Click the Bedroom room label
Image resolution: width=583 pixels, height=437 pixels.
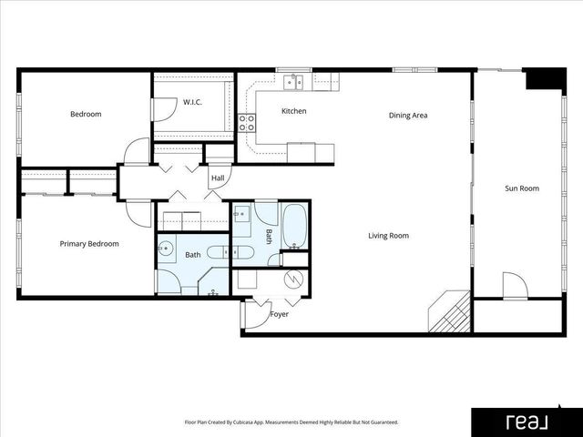[x=86, y=115]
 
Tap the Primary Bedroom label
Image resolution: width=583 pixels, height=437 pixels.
[x=89, y=244]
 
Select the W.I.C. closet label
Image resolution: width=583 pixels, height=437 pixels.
[x=192, y=102]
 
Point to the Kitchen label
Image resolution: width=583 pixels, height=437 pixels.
[x=293, y=112]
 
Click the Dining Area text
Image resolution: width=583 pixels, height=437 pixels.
[x=408, y=116]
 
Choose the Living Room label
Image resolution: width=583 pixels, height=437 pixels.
[x=388, y=237]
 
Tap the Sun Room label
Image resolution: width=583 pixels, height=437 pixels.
[x=522, y=189]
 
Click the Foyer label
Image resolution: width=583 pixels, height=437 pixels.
[x=280, y=315]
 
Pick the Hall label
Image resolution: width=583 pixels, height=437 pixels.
[x=218, y=178]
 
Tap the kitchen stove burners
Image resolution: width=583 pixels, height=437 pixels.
[x=247, y=123]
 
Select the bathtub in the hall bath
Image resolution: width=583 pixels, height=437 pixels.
[x=295, y=228]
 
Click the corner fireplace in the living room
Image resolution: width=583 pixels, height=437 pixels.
[x=451, y=311]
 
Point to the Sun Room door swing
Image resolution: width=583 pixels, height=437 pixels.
[x=515, y=286]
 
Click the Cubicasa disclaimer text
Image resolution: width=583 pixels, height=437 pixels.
[x=291, y=422]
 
